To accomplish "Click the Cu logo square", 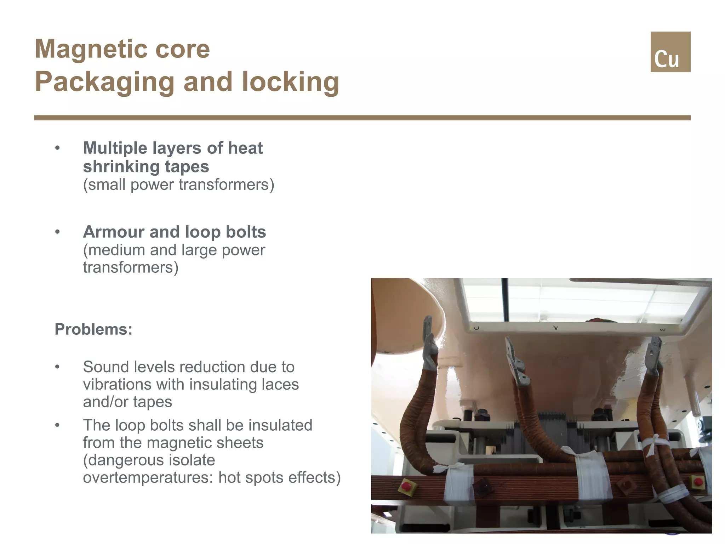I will (x=670, y=52).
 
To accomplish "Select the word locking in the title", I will (x=290, y=82).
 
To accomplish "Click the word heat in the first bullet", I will (x=245, y=148).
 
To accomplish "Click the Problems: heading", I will (x=93, y=329).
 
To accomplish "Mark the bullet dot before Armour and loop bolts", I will (x=58, y=232).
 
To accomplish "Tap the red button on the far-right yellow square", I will (x=698, y=482).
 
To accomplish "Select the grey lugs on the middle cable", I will (x=515, y=363).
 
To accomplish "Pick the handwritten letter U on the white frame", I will (x=477, y=328).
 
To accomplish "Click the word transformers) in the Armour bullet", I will (x=131, y=267).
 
